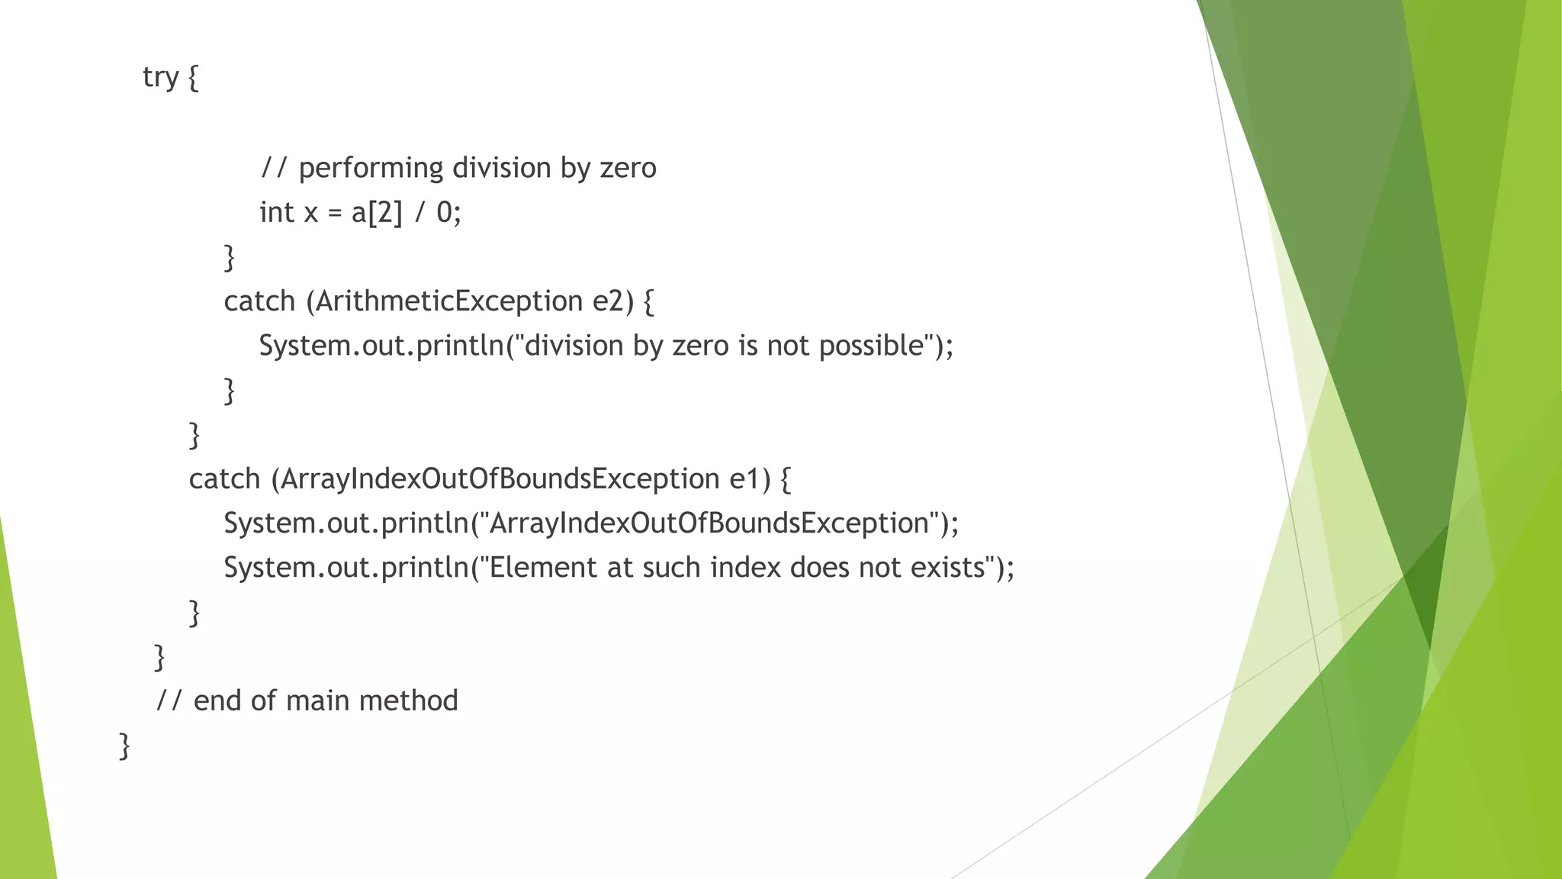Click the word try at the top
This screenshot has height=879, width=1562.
point(160,77)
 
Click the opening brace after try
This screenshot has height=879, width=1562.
point(193,78)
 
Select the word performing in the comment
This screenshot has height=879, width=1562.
point(371,168)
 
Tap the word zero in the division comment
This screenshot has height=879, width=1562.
point(628,168)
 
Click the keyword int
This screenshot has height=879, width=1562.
point(276,212)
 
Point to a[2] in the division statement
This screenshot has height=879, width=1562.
point(376,212)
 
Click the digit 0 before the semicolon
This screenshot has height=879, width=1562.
point(444,212)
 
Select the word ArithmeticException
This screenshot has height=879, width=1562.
point(449,301)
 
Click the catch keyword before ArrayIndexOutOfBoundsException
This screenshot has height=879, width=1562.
point(224,479)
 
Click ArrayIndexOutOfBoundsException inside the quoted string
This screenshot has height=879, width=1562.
point(709,523)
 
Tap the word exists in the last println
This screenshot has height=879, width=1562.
point(948,568)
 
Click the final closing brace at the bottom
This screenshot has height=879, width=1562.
point(124,745)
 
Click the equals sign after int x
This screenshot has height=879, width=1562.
point(334,213)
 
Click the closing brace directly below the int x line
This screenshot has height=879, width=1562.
point(229,257)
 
